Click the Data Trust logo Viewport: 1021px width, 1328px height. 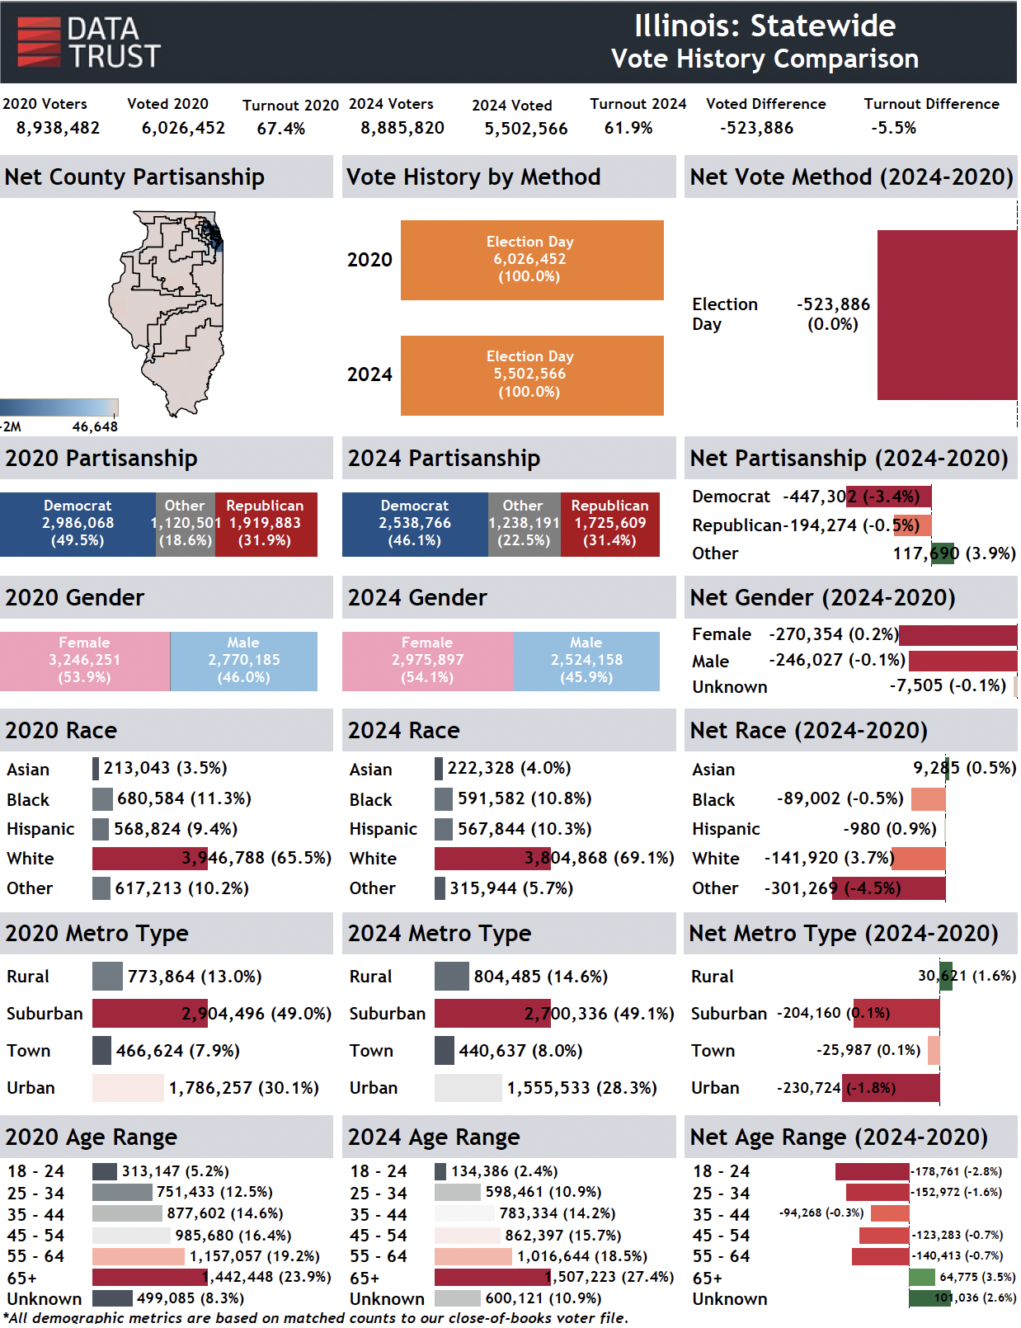coord(88,43)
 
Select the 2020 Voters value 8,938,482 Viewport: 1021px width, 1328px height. coord(58,128)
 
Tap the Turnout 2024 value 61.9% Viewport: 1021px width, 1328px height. coord(628,128)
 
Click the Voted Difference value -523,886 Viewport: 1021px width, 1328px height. coord(756,128)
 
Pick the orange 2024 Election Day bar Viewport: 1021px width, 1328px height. coord(532,375)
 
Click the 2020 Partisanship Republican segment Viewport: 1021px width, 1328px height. coord(266,524)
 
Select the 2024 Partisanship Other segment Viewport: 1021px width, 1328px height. coord(524,524)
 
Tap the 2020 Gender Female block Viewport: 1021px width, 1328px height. coord(85,661)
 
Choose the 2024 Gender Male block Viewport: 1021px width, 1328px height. coord(586,661)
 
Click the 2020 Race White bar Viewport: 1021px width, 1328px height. coord(148,859)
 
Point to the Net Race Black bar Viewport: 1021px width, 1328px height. coord(929,799)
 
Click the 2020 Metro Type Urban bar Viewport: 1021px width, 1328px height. coord(128,1088)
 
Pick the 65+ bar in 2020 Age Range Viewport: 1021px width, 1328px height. coord(149,1278)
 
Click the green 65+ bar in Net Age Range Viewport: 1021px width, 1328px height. coord(921,1278)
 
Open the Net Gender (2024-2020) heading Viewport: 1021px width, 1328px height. coord(822,598)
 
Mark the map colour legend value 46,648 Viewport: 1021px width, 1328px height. coord(95,427)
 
